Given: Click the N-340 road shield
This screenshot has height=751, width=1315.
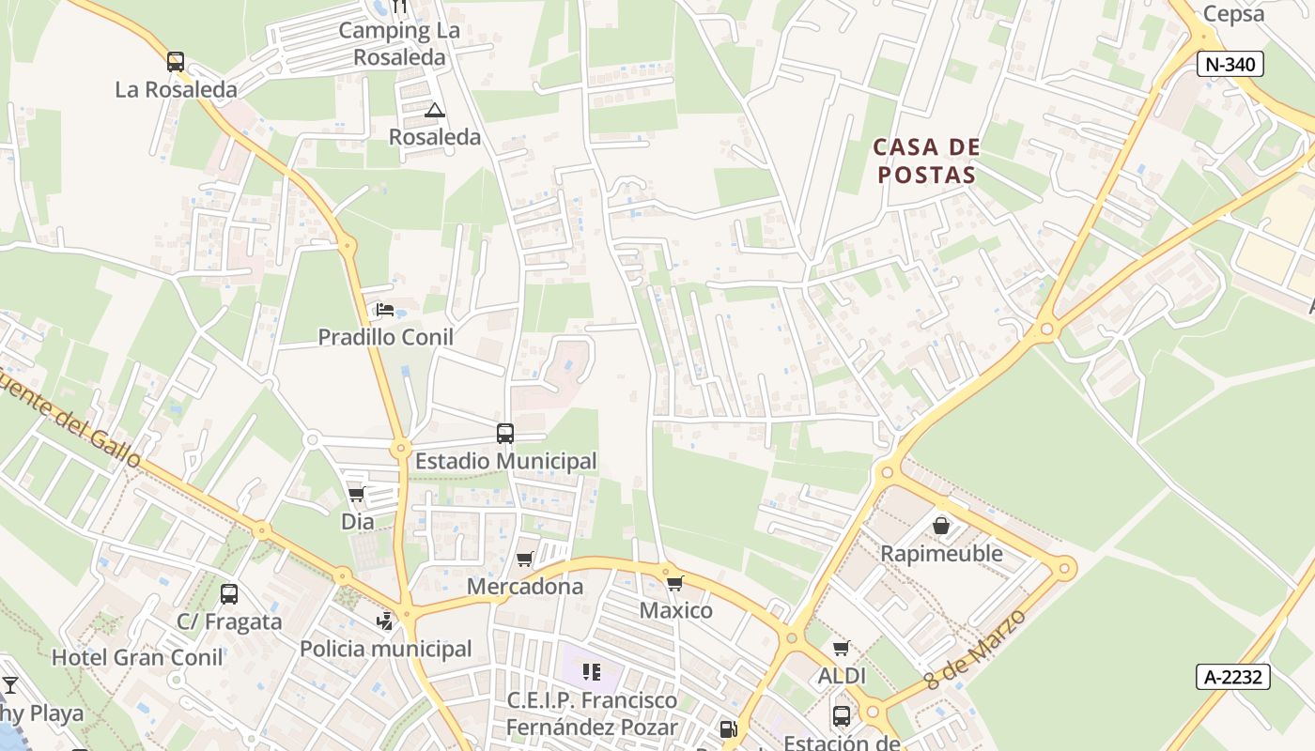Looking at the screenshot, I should tap(1230, 64).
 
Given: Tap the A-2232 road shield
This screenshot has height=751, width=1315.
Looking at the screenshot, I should tap(1232, 677).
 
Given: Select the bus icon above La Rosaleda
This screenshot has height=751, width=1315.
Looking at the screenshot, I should tap(176, 62).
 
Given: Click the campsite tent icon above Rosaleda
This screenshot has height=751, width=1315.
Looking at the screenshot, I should tap(434, 111).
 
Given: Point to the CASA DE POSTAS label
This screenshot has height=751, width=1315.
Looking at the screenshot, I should tap(926, 161).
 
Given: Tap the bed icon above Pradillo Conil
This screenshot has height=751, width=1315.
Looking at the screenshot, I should tap(384, 309).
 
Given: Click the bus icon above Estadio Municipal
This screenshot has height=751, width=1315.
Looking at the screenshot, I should tap(505, 434).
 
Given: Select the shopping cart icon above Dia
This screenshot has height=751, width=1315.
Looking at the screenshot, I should tap(356, 494).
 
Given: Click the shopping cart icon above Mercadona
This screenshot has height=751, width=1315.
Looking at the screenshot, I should tap(525, 559).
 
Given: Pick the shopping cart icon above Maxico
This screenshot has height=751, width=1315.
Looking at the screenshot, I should tap(674, 584).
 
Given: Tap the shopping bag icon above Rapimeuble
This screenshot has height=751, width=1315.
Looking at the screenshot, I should tap(941, 526).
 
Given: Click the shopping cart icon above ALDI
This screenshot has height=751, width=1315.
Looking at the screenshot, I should tap(842, 648).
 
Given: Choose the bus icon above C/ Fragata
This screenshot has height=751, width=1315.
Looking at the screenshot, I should tap(229, 594).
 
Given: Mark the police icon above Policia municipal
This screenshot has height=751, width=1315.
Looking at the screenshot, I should tap(385, 621).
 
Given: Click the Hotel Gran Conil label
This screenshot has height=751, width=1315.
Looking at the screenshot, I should tap(137, 657).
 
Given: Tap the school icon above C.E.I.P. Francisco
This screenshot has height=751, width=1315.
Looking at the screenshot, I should tap(592, 672).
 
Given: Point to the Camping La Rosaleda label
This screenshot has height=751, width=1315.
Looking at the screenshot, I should tap(399, 43).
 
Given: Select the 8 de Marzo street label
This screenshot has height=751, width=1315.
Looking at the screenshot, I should tap(976, 648).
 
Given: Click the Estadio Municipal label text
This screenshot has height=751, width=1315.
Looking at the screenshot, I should tap(505, 461).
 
